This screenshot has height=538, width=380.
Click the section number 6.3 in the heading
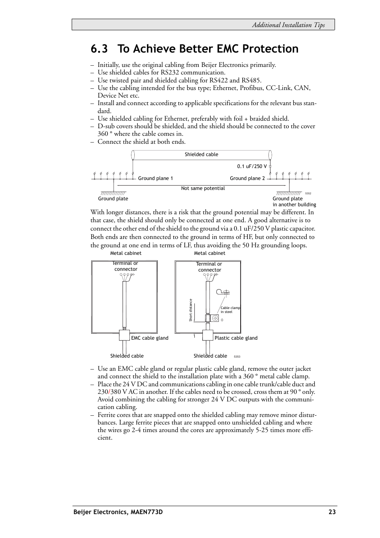tap(99, 49)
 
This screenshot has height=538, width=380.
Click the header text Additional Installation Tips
tap(288, 25)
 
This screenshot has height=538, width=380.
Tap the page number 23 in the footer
tap(332, 512)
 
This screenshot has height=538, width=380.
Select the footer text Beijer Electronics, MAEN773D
tap(118, 512)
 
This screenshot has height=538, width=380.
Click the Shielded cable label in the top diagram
tap(201, 155)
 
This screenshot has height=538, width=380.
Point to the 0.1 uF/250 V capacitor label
tap(252, 166)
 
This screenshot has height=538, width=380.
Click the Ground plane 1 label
tap(155, 178)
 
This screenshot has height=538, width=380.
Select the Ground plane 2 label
tap(247, 178)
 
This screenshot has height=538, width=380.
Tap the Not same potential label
tap(203, 188)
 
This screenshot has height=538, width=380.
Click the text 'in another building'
tap(294, 205)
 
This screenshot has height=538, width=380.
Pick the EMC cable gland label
tap(150, 338)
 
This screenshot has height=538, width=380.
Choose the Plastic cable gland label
tap(236, 338)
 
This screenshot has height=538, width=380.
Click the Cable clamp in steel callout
tap(230, 310)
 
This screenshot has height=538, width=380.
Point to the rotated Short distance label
tap(191, 310)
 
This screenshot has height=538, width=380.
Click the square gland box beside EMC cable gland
tap(124, 335)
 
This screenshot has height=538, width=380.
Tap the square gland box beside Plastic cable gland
tap(208, 335)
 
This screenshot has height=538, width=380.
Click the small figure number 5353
tap(237, 357)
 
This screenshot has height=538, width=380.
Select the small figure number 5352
tap(308, 194)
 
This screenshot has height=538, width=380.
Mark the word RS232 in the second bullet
tap(170, 72)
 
